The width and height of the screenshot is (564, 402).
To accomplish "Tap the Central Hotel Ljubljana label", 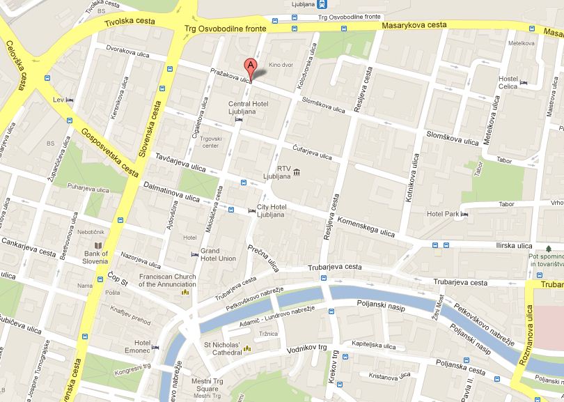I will click(x=249, y=109).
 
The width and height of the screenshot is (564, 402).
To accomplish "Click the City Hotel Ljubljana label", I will click(x=271, y=211).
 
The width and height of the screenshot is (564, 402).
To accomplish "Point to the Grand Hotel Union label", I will click(x=219, y=254).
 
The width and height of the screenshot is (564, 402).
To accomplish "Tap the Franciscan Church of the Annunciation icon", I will click(x=185, y=293).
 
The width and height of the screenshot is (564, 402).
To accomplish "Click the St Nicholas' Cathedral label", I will click(x=221, y=348).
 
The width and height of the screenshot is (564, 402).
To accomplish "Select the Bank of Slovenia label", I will click(x=96, y=258).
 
